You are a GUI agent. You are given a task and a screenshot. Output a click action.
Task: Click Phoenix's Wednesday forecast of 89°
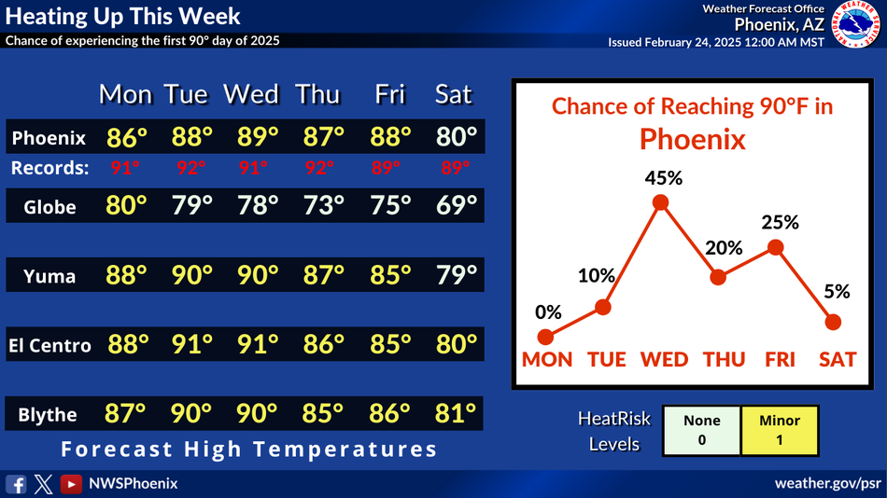[x=257, y=137]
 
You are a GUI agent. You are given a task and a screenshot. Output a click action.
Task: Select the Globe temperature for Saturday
[x=457, y=206]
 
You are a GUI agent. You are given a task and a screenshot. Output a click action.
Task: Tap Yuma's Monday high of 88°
[x=126, y=275]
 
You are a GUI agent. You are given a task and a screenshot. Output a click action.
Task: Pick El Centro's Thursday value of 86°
[x=323, y=344]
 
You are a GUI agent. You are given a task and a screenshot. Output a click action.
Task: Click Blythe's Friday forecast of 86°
[x=389, y=414]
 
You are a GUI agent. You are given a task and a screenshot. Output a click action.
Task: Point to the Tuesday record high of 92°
[x=190, y=168]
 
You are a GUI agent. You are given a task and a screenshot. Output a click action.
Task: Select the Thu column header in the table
[x=317, y=94]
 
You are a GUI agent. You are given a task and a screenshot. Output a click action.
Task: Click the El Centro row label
[x=49, y=345]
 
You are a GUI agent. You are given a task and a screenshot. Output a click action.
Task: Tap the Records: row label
[x=49, y=168]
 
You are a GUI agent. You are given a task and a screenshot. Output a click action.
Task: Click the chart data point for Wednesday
[x=660, y=202]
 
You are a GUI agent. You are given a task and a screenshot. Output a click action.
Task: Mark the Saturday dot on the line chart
[x=833, y=322]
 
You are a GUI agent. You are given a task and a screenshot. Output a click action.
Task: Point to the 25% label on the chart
[x=780, y=223]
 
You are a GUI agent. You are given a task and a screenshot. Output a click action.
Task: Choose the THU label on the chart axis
[x=724, y=359]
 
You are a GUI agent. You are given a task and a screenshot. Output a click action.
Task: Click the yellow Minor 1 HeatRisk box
[x=780, y=431]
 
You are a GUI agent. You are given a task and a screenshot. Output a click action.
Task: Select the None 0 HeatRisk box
[x=701, y=431]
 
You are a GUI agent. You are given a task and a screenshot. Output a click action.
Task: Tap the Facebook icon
[x=16, y=484]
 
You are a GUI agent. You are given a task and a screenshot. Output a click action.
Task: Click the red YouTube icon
[x=71, y=484]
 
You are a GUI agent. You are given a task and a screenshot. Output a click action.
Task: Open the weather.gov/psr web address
[x=827, y=483]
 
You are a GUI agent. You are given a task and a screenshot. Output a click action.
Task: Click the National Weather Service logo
[x=856, y=23]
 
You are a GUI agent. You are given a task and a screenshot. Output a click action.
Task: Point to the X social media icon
[x=44, y=484]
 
